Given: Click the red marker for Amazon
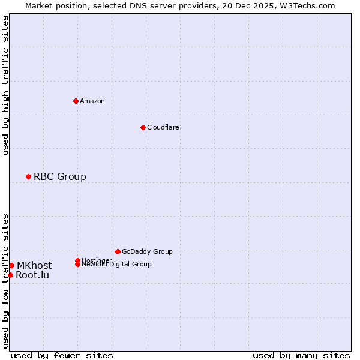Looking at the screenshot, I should click(76, 101).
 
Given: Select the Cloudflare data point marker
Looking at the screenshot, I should click(143, 127).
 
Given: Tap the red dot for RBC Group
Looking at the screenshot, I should click(28, 176).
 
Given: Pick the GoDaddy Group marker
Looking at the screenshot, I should click(118, 251).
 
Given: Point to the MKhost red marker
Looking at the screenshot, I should click(11, 265).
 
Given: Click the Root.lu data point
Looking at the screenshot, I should click(10, 275).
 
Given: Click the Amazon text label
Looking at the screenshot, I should click(92, 101).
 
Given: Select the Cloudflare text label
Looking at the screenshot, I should click(163, 127).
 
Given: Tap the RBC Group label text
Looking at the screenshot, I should click(60, 176).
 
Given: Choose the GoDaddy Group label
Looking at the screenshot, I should click(147, 251).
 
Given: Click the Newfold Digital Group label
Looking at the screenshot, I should click(117, 264).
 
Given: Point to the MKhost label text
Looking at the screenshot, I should click(34, 265).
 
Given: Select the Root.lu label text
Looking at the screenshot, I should click(32, 275).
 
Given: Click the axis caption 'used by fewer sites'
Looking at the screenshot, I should click(62, 355).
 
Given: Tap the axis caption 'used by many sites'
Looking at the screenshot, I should click(301, 355).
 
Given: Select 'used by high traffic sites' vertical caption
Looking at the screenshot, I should click(5, 85).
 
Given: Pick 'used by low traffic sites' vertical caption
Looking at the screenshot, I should click(5, 280).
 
